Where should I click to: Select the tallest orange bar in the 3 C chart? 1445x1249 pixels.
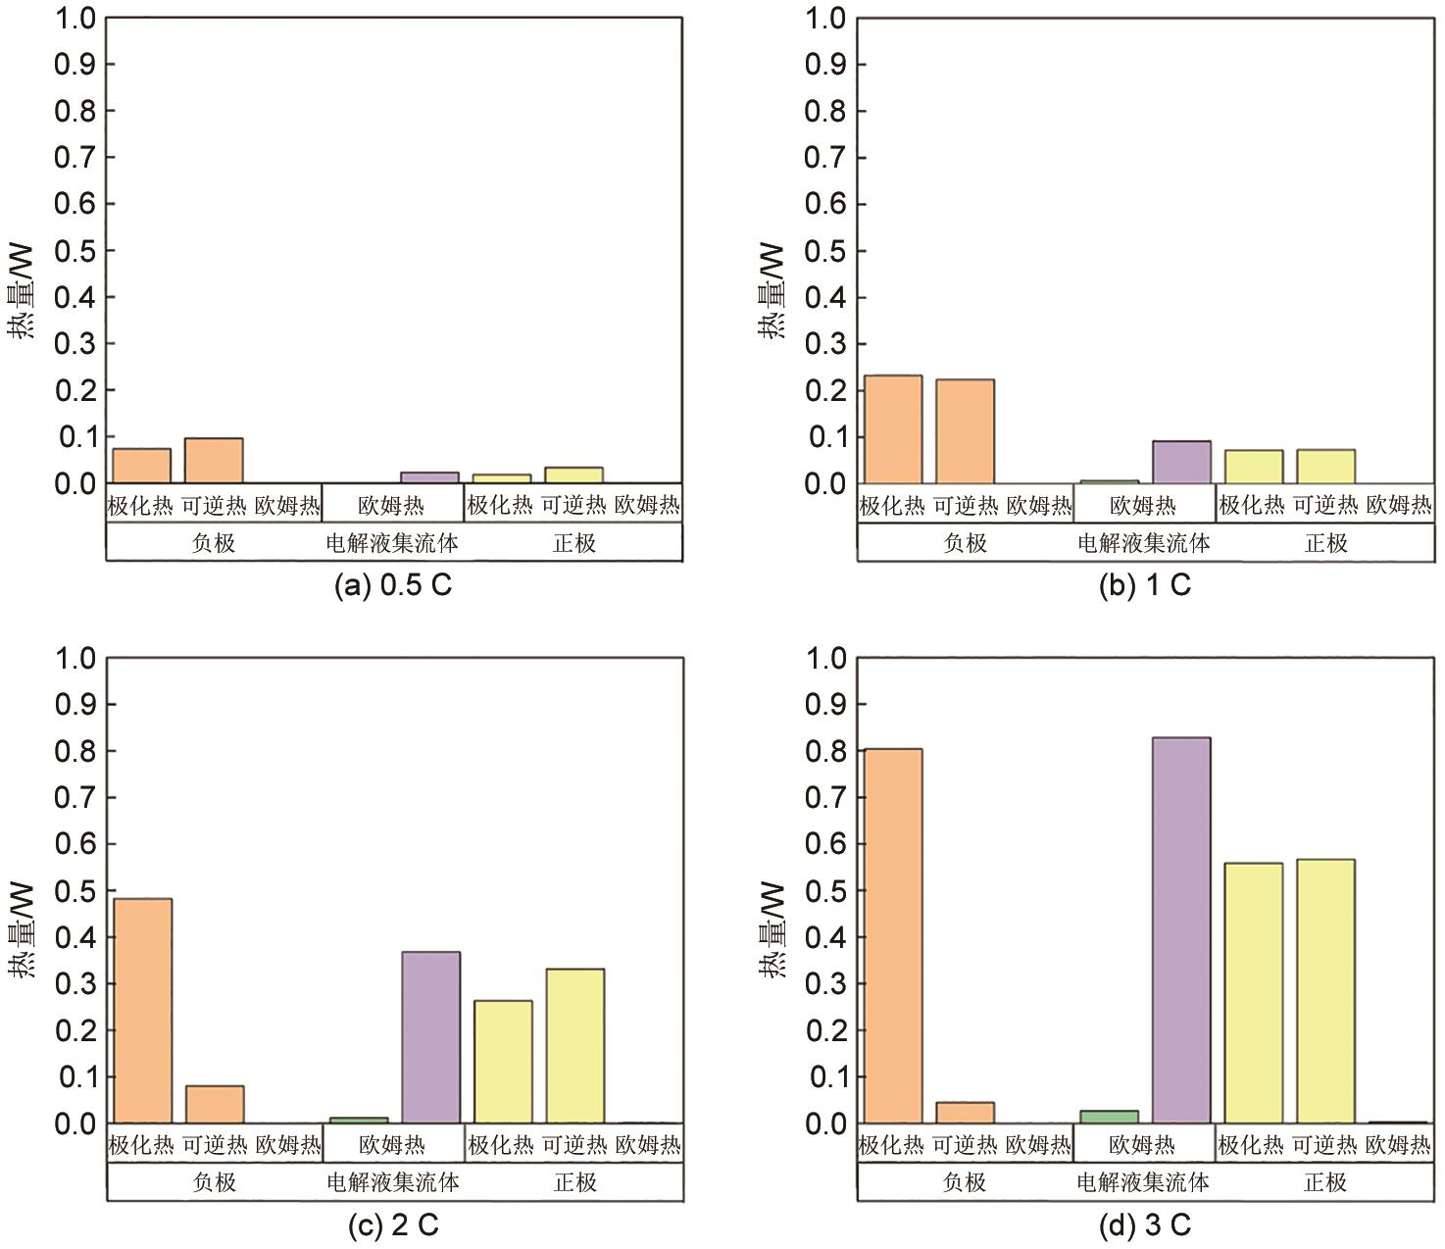[890, 935]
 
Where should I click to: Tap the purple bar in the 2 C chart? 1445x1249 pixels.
[430, 1037]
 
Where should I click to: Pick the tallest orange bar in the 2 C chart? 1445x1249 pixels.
[143, 1011]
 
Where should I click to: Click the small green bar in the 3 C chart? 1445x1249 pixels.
[1109, 1117]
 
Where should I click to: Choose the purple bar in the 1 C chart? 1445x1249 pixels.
[1180, 462]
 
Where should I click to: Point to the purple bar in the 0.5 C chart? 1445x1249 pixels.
[429, 477]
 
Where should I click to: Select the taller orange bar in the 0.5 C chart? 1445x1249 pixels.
[214, 461]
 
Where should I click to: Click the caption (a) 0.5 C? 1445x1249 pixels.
[393, 586]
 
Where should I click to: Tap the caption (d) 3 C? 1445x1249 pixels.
[1144, 1225]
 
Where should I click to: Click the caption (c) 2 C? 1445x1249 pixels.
[393, 1225]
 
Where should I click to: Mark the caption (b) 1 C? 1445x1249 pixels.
[1144, 586]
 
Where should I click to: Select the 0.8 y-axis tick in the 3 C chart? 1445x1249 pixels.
[825, 751]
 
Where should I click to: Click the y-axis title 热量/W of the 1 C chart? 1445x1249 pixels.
[772, 291]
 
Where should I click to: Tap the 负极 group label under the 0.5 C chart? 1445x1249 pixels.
[214, 542]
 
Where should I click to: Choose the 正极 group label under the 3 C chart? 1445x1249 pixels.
[1325, 1182]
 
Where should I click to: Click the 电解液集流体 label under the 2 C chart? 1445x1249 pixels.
[392, 1182]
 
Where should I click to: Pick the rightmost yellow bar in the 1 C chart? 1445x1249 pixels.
[1325, 467]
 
